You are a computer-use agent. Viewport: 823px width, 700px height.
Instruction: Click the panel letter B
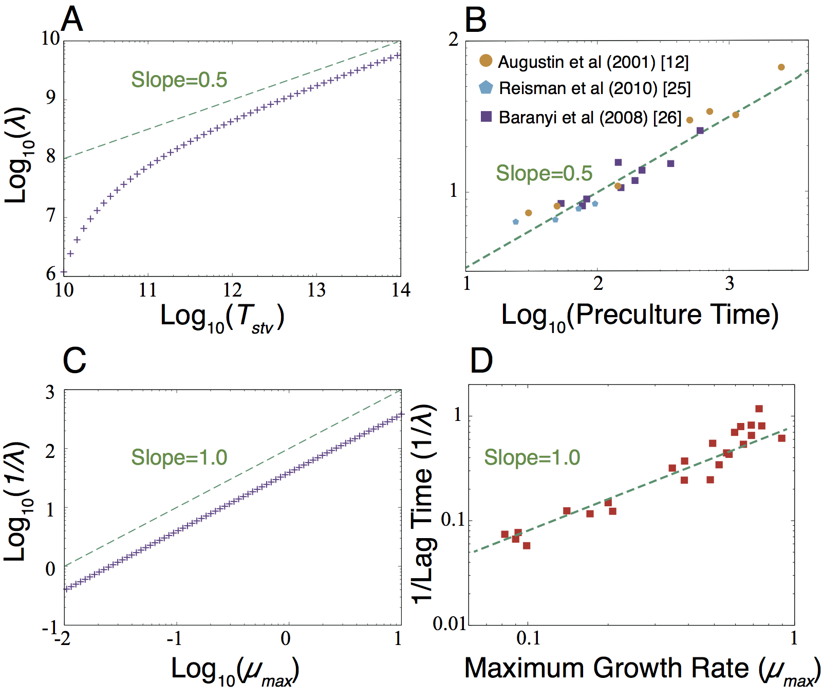pos(475,21)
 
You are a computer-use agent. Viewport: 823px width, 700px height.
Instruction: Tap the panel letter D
pos(481,361)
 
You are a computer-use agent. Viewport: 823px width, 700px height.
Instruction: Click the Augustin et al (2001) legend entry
pos(593,62)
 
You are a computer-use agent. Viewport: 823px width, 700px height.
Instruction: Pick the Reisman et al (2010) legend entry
pos(594,88)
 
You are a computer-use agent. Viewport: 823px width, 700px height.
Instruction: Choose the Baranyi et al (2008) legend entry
pos(590,118)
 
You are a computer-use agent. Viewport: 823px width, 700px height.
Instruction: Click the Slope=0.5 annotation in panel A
pos(179,80)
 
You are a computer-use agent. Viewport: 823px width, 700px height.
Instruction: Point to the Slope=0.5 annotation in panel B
pos(544,174)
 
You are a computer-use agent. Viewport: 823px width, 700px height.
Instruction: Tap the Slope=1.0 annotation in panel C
pos(179,457)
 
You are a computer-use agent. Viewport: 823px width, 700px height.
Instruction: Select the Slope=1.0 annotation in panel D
pos(532,457)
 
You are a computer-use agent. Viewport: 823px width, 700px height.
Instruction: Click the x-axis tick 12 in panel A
pos(232,290)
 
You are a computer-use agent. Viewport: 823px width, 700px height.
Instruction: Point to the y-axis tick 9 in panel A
pos(51,98)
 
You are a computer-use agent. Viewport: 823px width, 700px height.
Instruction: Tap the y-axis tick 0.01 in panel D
pos(449,624)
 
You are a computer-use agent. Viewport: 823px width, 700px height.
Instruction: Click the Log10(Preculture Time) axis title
pos(640,316)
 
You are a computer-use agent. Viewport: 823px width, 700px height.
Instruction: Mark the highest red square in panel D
pos(759,409)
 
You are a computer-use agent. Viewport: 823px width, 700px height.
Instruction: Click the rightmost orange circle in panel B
pos(781,67)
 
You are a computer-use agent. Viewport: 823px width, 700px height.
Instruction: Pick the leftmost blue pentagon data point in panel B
pos(515,222)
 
